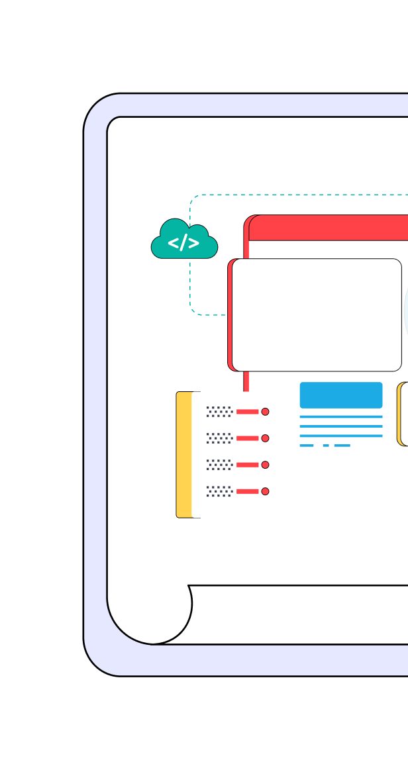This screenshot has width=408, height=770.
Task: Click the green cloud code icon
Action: (x=184, y=241)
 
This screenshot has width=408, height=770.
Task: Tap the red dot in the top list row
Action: (x=265, y=412)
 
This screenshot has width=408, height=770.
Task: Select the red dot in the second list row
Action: (x=265, y=438)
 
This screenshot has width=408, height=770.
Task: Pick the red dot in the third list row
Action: (x=265, y=465)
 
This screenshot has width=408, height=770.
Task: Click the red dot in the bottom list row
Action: (x=265, y=491)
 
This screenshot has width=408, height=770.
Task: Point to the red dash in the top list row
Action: (x=248, y=412)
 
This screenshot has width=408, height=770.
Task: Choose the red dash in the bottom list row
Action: (x=248, y=491)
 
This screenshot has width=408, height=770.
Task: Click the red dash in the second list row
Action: (x=248, y=438)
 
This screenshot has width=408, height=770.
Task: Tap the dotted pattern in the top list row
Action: (x=219, y=412)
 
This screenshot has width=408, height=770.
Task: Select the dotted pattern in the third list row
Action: (x=219, y=465)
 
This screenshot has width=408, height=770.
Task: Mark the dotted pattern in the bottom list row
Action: (x=219, y=491)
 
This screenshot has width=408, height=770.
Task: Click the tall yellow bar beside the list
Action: (x=184, y=454)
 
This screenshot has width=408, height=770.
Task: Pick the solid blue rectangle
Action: (x=341, y=395)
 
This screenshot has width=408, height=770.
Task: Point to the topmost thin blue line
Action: (x=341, y=417)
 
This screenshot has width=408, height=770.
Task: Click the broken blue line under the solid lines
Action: (x=325, y=446)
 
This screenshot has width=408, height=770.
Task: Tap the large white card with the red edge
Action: (x=317, y=315)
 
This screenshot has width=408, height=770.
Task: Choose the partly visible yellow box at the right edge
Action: (x=402, y=414)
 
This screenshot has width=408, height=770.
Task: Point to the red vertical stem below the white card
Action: (x=246, y=381)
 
